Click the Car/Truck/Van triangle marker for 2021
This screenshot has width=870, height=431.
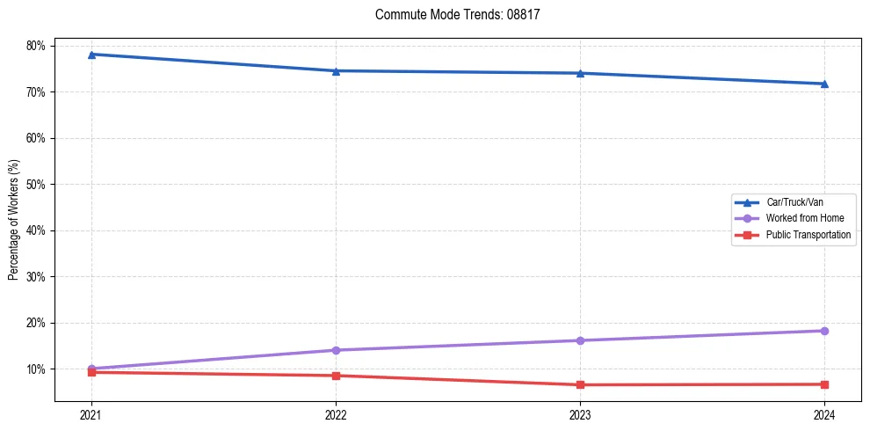tap(91, 55)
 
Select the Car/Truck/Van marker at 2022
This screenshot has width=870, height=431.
tap(336, 70)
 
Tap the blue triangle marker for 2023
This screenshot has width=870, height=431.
tap(580, 73)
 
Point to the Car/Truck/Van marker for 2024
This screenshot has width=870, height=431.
tap(824, 84)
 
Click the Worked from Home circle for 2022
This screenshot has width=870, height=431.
tap(336, 350)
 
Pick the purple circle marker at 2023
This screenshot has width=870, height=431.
tap(580, 340)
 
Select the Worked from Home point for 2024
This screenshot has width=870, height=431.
tap(824, 331)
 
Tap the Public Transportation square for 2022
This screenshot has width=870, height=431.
tap(336, 376)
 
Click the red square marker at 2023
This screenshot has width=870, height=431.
tap(580, 384)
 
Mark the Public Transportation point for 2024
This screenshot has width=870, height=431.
tap(824, 384)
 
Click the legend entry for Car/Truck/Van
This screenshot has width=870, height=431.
tap(794, 202)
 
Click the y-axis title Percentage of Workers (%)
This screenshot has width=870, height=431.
tap(14, 220)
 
